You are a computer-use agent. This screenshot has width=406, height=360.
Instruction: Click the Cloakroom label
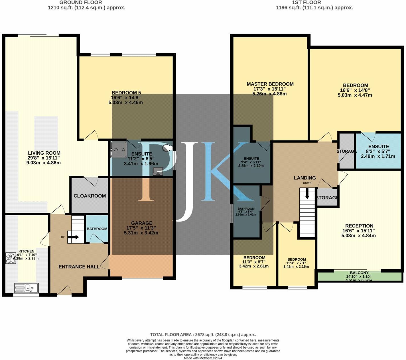(x=90, y=196)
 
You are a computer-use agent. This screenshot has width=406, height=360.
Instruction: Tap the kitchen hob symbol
(x=11, y=258)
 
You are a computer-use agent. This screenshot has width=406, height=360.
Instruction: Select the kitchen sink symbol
(x=27, y=288)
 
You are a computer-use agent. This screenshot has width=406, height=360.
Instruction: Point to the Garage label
(x=142, y=223)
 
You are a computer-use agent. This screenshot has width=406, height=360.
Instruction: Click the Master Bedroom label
(x=270, y=84)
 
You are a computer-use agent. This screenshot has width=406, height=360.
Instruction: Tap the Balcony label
(x=359, y=273)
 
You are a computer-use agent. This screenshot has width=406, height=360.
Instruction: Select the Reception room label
(x=359, y=226)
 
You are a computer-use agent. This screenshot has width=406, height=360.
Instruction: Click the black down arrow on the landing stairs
(x=307, y=194)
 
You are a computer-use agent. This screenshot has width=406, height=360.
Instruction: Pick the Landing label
(x=305, y=178)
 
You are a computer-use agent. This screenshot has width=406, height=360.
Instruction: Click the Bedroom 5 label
(x=126, y=93)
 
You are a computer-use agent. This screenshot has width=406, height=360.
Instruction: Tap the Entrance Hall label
(x=79, y=267)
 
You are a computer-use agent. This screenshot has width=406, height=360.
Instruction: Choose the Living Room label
(x=44, y=153)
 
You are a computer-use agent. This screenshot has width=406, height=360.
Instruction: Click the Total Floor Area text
(x=203, y=335)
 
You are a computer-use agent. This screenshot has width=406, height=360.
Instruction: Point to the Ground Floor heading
(x=81, y=3)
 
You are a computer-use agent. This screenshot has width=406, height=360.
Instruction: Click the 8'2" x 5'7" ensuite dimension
(x=378, y=152)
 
